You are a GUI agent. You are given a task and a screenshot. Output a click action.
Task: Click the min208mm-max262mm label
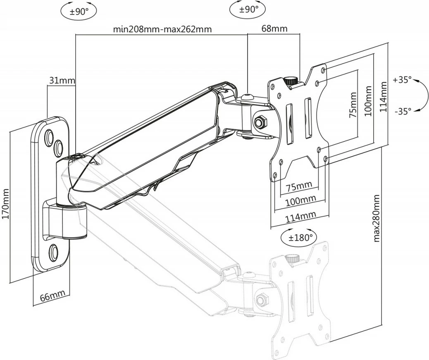[x=162, y=29]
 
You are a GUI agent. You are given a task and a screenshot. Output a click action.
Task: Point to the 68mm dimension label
[x=274, y=29]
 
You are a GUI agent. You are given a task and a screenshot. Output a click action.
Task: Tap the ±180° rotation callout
[x=297, y=238]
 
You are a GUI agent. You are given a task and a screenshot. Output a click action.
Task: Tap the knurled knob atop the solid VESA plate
[x=292, y=81]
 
